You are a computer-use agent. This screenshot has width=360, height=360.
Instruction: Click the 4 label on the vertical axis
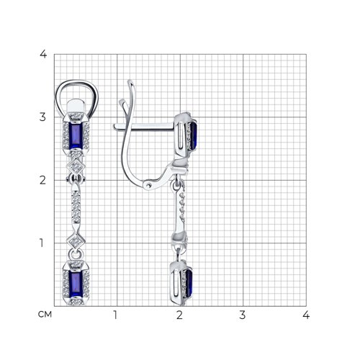pos(43,55)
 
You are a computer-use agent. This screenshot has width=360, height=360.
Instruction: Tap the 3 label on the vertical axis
pos(42,117)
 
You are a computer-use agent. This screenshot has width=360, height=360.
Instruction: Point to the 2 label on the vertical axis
pos(42,180)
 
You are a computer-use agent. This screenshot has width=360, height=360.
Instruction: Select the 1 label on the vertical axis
pos(42,243)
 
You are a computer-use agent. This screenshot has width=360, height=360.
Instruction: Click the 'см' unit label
pos(45,314)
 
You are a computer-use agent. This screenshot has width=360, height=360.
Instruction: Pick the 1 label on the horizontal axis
pos(115,315)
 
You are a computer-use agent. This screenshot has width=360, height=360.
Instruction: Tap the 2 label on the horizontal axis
pos(179,315)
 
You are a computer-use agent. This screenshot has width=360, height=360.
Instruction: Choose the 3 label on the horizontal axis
pos(243,315)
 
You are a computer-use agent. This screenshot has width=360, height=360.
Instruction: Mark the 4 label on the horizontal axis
pos(306,315)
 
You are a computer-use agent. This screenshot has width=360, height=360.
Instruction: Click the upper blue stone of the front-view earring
pos(76,135)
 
